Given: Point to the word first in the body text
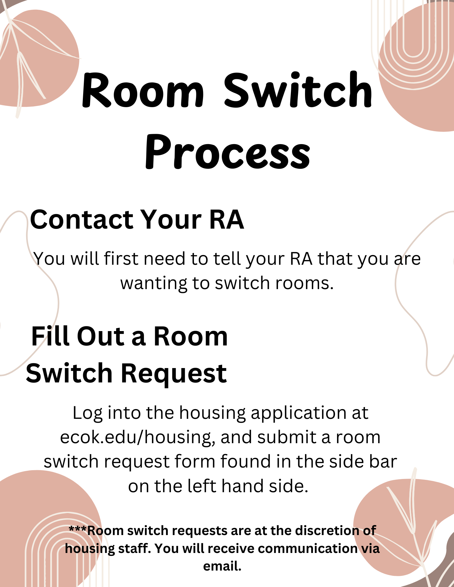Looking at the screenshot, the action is click(121, 259).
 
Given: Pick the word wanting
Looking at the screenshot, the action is click(154, 284).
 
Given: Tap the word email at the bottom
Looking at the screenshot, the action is click(222, 566).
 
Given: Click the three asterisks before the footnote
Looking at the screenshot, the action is click(78, 529).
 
